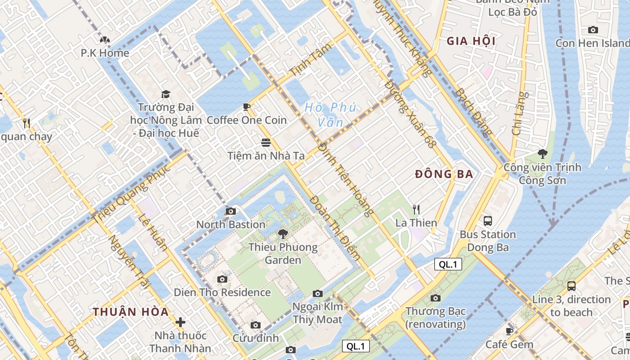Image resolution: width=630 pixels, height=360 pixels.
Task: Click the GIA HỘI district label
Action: point(471,41)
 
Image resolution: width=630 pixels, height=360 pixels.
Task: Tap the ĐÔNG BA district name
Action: point(444,174)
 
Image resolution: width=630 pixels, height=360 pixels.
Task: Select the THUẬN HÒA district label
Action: point(131,312)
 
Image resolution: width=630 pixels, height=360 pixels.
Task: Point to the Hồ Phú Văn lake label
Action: point(330,114)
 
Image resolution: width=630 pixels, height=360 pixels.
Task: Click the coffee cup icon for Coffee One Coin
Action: point(247,107)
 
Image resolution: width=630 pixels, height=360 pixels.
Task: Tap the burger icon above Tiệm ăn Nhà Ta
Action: point(266,143)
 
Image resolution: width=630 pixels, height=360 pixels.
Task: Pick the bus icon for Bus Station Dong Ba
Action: point(488,221)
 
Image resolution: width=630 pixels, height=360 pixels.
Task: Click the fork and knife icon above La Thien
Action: point(416,209)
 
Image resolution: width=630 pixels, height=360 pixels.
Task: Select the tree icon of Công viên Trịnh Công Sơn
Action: point(543,154)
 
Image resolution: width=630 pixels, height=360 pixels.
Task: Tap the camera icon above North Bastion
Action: point(231,211)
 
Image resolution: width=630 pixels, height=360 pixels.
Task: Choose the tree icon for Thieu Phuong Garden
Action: point(283,234)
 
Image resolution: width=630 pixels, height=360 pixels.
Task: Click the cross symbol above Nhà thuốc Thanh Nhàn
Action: point(180,322)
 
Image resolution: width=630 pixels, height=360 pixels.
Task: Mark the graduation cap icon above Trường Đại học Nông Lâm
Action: point(166,94)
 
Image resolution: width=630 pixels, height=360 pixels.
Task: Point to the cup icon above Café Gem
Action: point(509,331)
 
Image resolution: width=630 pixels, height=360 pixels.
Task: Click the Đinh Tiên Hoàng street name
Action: point(346,179)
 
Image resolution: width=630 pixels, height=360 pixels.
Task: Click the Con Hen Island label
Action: point(592,43)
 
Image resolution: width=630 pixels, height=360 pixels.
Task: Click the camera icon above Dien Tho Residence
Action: point(222,279)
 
